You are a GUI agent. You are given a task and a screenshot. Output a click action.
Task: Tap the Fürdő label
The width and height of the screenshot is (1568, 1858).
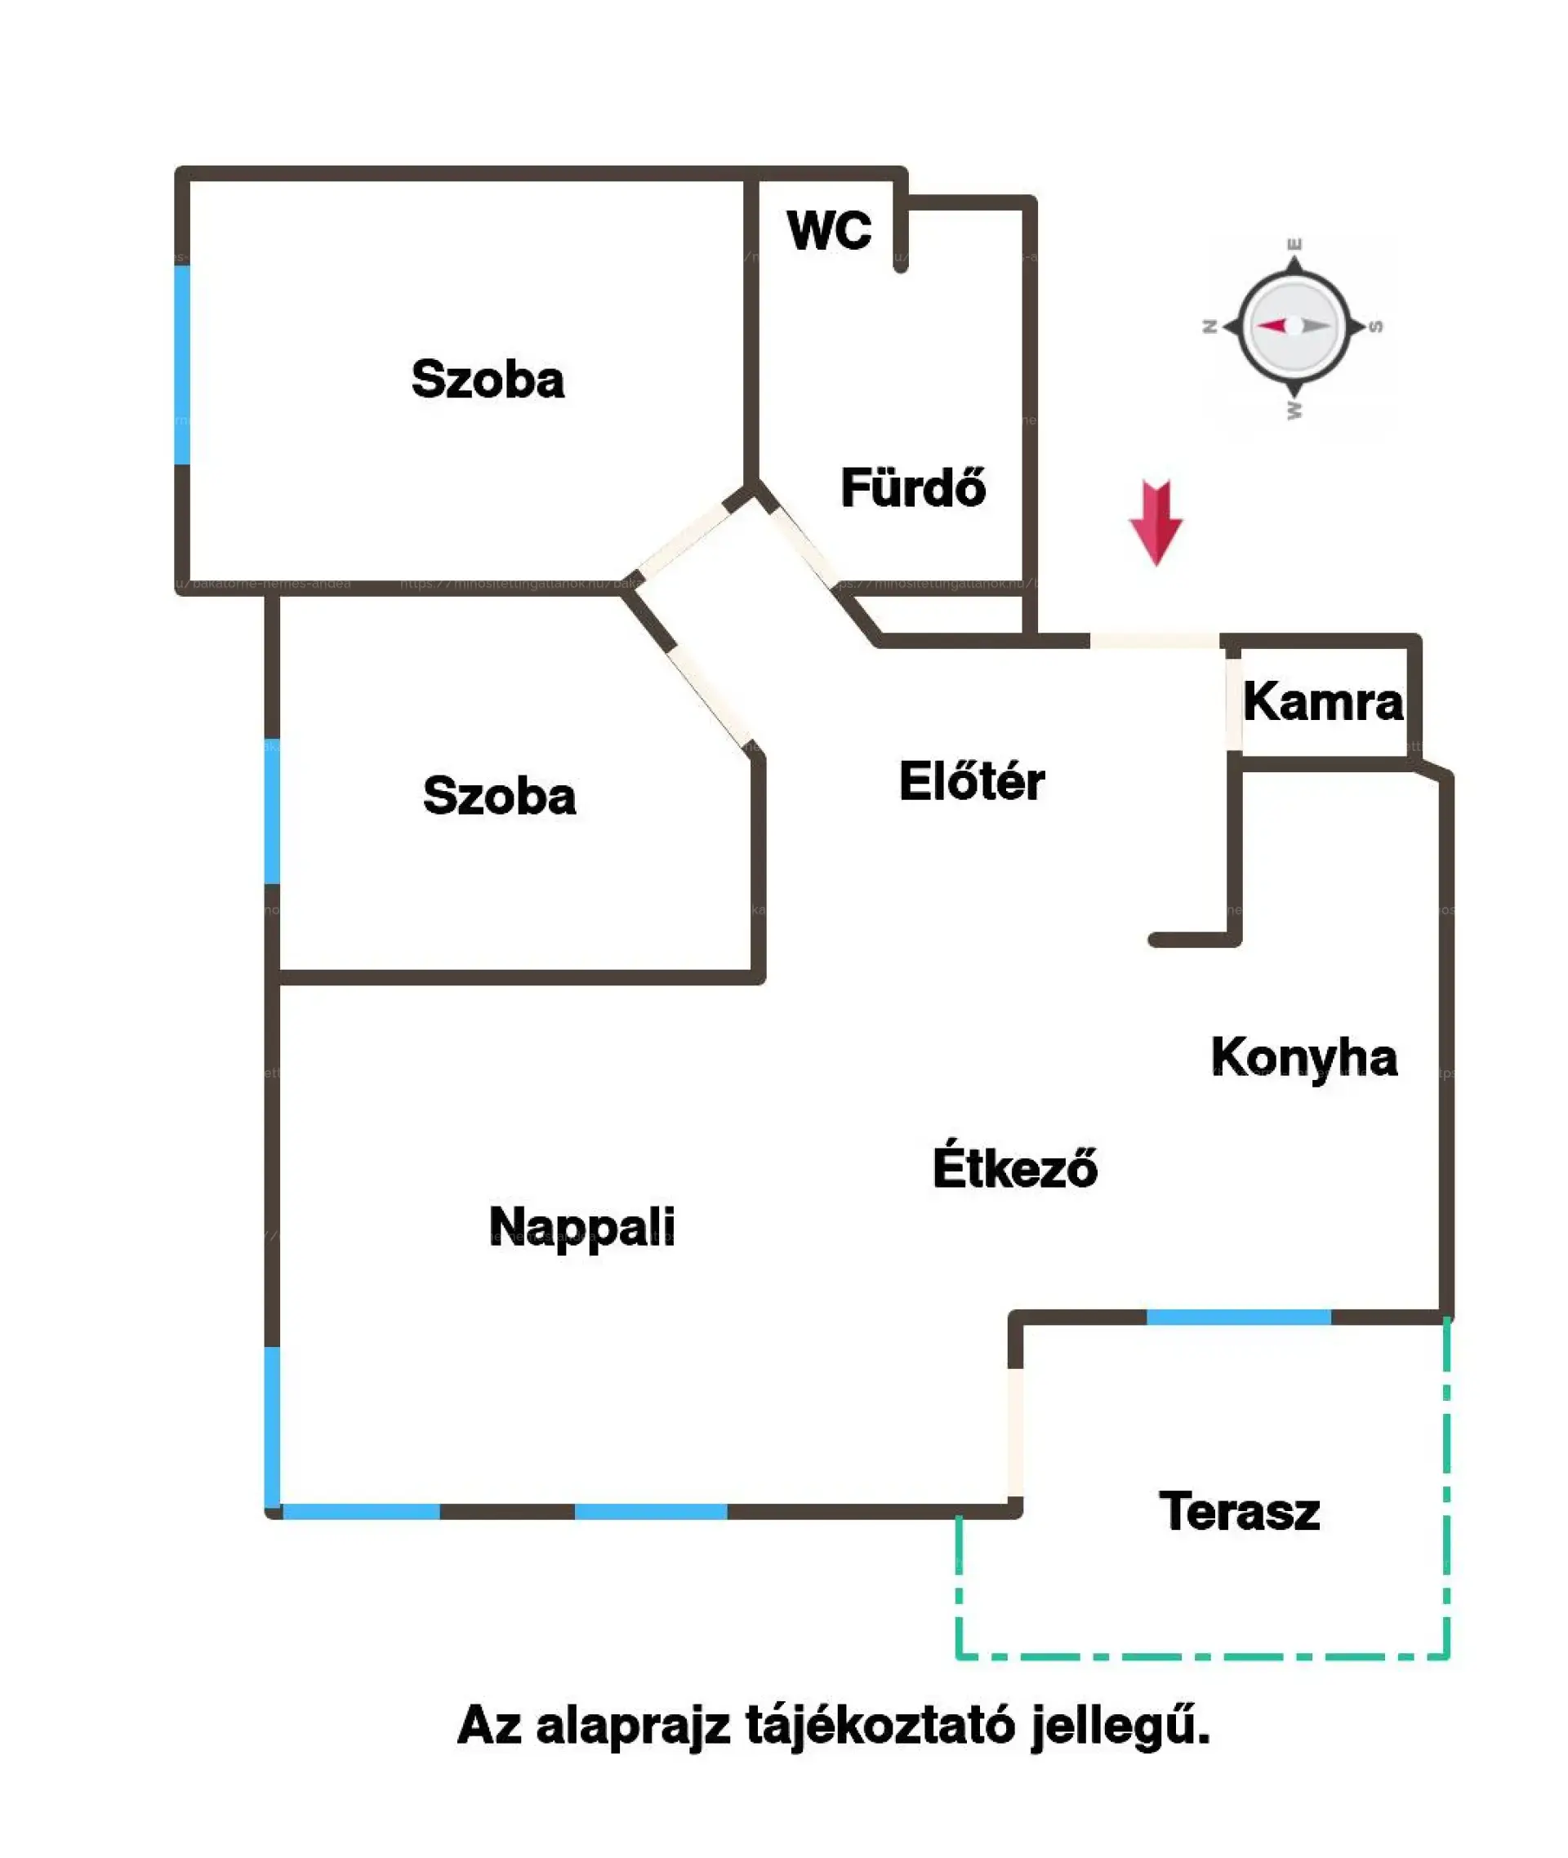pos(913,488)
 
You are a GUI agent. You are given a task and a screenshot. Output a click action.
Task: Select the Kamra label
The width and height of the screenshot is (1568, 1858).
pos(1322,703)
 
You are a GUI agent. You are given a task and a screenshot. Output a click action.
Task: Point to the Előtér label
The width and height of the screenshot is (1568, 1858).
pos(972,782)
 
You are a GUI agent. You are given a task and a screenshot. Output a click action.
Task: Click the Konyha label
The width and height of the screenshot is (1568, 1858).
pos(1303,1058)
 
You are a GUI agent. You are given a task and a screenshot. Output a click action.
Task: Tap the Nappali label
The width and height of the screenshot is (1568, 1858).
pos(581,1227)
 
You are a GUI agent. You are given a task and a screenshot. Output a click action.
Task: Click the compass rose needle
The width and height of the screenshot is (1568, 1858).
pos(1294,326)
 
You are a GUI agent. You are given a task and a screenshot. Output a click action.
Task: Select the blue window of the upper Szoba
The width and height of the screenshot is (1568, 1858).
pos(182,364)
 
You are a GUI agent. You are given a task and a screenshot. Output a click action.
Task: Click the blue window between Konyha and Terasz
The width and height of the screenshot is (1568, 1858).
pos(1238,1317)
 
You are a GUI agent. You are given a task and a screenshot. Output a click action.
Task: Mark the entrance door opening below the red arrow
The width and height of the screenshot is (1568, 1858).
pos(1154,641)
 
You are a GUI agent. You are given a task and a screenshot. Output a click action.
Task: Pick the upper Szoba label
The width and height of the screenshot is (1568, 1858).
pos(487,380)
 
